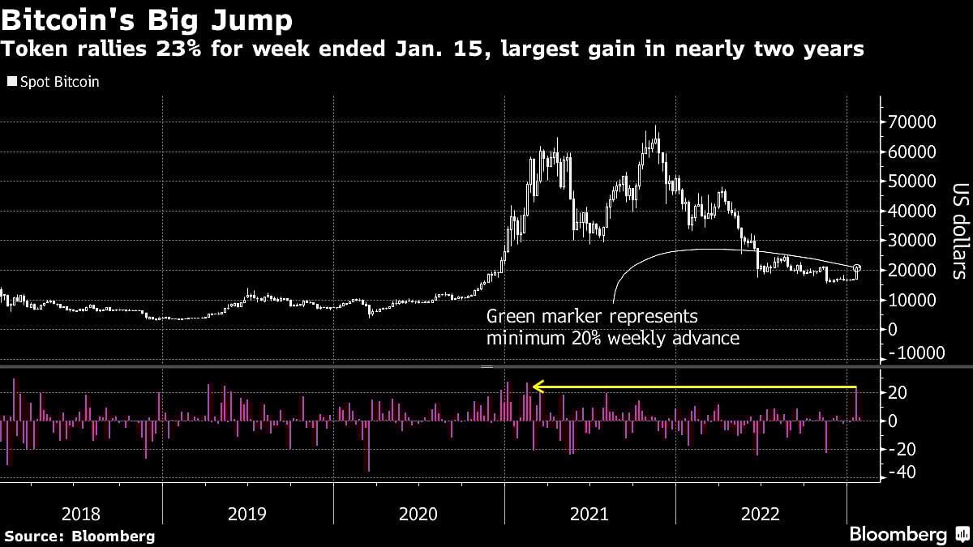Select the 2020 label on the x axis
tap(418, 513)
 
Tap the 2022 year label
tap(760, 513)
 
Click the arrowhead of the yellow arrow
tap(537, 387)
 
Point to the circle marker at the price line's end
tap(858, 268)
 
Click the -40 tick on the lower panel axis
tap(906, 473)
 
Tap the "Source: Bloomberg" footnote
tap(79, 536)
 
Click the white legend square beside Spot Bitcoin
tap(11, 82)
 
